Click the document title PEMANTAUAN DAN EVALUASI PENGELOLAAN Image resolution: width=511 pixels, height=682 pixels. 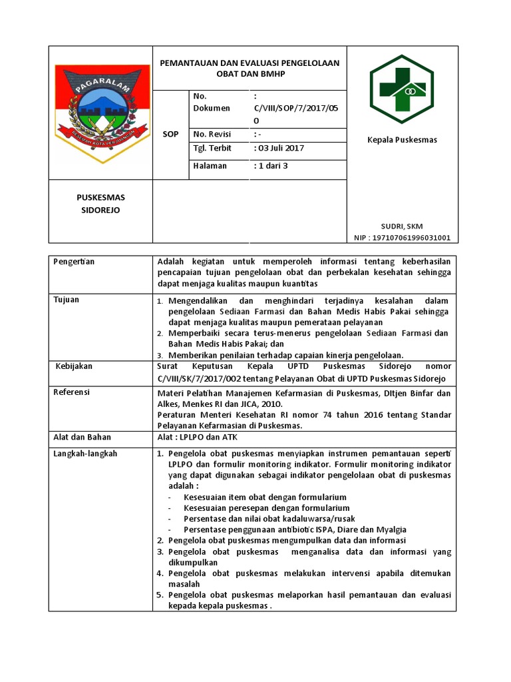(250, 63)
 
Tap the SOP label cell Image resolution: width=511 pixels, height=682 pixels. (171, 134)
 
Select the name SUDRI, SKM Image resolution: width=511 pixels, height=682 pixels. (401, 226)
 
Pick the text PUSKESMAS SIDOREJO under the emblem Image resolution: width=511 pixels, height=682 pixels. (100, 204)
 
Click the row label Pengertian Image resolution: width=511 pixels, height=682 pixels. (74, 261)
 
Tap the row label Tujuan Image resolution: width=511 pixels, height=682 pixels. (67, 300)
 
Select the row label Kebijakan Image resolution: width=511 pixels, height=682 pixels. (73, 366)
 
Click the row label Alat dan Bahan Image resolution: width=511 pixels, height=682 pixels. (82, 437)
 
